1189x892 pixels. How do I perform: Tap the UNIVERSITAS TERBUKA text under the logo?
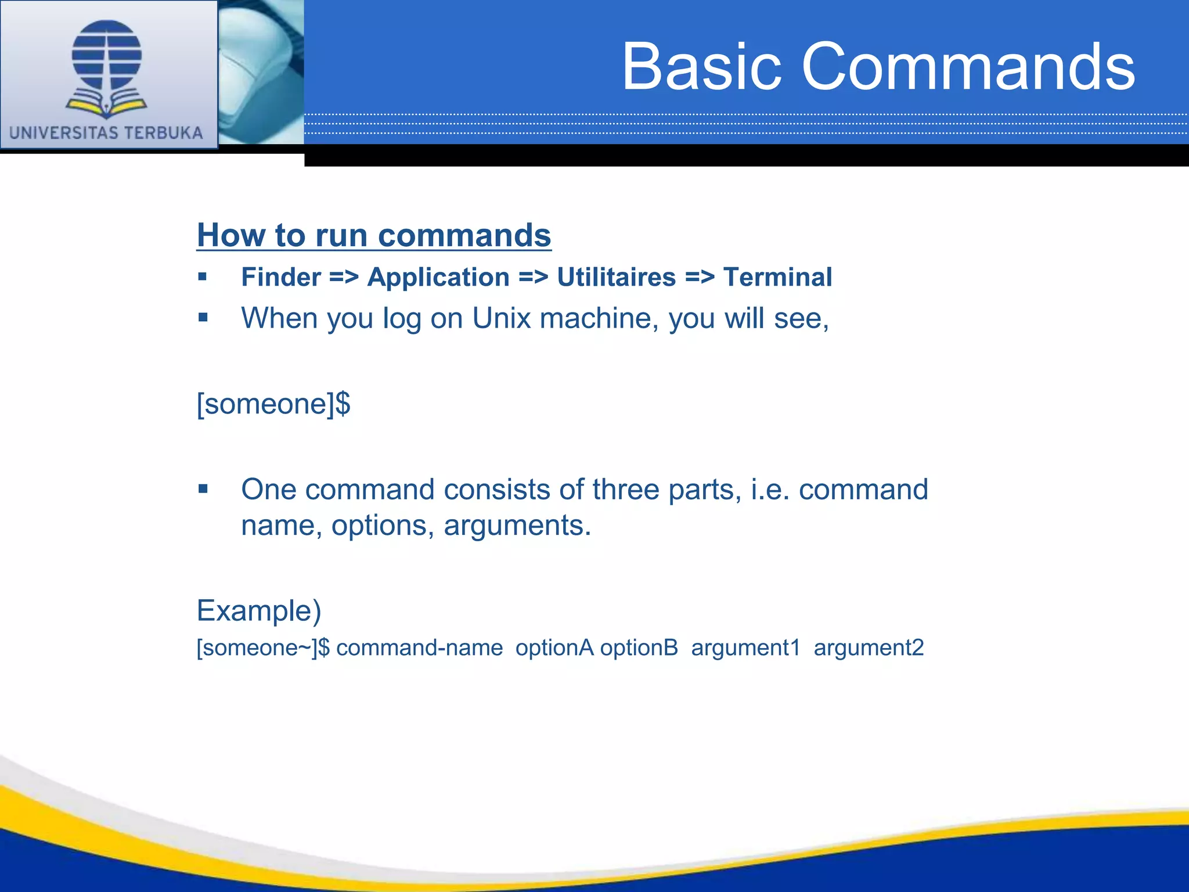[106, 133]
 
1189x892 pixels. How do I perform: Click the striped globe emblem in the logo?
[107, 55]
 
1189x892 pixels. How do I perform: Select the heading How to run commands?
[374, 235]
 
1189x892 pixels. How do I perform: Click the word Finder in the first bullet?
[281, 277]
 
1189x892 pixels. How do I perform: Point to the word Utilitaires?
[616, 277]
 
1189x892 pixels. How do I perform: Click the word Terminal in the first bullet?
[777, 277]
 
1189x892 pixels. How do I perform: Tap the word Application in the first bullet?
[438, 277]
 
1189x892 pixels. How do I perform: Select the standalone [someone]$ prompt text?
[273, 404]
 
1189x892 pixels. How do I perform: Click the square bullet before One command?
[203, 489]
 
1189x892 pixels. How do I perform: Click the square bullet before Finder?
[203, 277]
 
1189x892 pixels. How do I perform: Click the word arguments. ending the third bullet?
[517, 526]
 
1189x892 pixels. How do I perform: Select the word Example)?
[259, 611]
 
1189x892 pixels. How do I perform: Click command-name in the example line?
[419, 648]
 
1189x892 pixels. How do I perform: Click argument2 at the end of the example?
[869, 648]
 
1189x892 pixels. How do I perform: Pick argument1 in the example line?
[745, 648]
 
